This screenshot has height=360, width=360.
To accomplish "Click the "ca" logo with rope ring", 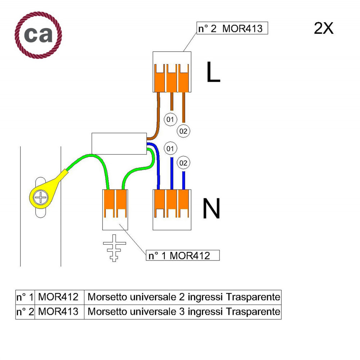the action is pos(39,35).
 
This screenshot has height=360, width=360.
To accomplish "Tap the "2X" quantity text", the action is pos(324,28).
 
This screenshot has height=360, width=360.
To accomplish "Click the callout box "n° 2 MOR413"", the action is pos(232,28).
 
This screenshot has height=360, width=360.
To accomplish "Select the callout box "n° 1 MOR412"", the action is pos(183,255).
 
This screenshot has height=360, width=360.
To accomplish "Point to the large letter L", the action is pos(213,72).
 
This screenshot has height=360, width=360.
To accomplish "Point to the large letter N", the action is pos(211,209).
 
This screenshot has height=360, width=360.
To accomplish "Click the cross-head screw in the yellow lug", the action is pos(41,197).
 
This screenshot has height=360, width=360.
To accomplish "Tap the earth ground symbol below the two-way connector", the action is pos(114,248).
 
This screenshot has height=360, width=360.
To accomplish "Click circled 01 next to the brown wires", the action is pos(170,119).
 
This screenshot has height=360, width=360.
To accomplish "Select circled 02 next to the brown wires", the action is pos(184,131).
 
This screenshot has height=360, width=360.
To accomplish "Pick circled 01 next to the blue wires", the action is pos(170,148).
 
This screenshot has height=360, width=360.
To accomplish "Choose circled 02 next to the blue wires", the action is pos(184,163).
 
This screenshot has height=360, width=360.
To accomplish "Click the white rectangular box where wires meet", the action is pos(119,144).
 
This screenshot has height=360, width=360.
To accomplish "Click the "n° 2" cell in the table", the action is pos(25,312).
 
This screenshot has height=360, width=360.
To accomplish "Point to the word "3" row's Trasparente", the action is pos(253,312).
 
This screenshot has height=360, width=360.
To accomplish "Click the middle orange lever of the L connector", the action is pos(171,78).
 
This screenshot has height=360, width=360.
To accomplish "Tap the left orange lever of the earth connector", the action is pos(109,204).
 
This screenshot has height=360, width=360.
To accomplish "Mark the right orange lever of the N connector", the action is pos(184,204).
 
